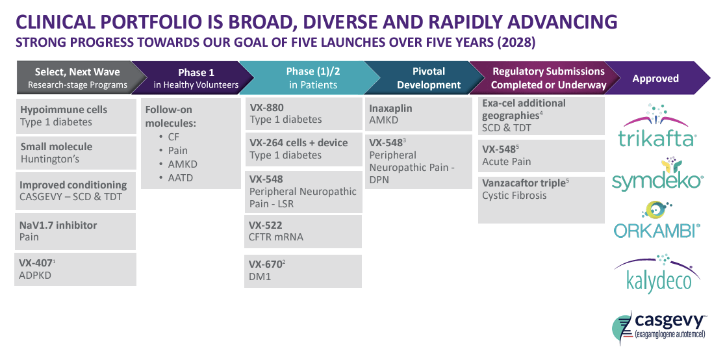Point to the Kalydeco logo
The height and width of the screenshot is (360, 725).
point(657,275)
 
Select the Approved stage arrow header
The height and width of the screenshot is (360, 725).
point(655,79)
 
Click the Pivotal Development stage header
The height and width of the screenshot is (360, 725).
point(429,78)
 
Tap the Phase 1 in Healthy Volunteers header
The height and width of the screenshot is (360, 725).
point(196,78)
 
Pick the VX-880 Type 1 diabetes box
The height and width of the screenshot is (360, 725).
point(303,114)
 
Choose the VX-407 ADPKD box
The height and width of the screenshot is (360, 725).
point(75,269)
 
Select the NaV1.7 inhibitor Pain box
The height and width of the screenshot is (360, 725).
point(75,231)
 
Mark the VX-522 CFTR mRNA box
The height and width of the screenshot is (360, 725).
point(303,231)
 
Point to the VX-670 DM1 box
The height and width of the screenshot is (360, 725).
point(303,270)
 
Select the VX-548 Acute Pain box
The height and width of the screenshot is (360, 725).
point(541,155)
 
